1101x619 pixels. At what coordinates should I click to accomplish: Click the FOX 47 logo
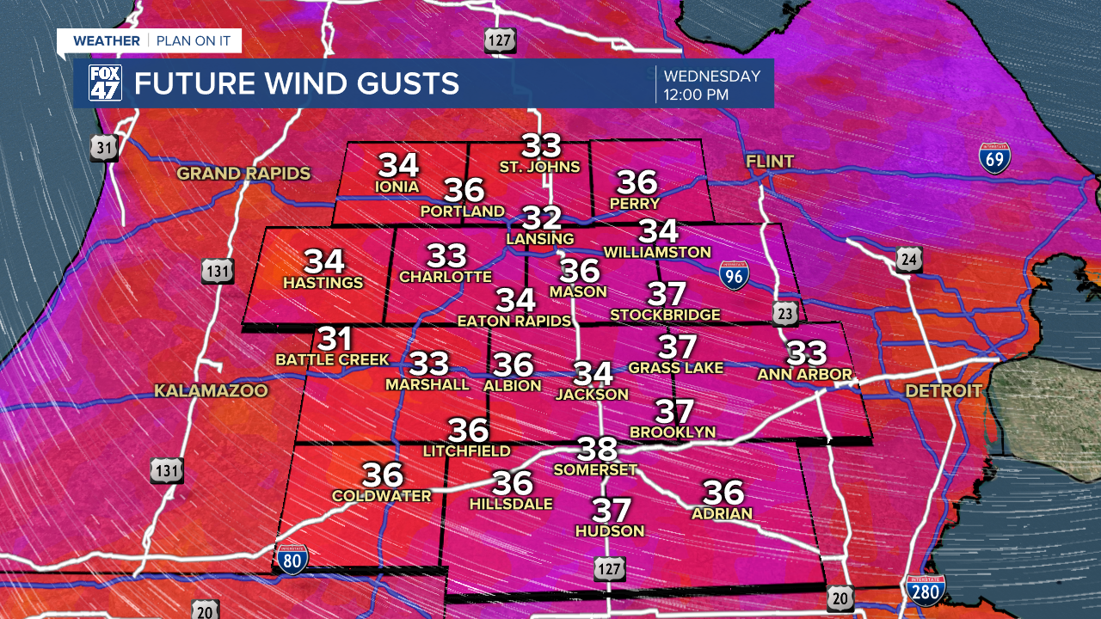[x=105, y=83]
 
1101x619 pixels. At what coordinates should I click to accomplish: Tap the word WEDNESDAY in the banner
[x=712, y=77]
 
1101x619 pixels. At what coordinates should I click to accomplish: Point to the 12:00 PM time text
[x=696, y=95]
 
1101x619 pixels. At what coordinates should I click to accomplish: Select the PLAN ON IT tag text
[x=194, y=41]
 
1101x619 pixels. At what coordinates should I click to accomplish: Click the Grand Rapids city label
[x=243, y=174]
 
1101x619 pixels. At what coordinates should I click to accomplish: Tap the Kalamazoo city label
[x=211, y=391]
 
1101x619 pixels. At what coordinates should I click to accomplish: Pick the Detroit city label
[x=943, y=391]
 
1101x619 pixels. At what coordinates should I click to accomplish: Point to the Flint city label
[x=770, y=162]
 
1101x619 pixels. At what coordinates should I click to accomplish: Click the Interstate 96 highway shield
[x=733, y=274]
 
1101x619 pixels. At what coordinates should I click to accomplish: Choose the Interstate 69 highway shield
[x=994, y=159]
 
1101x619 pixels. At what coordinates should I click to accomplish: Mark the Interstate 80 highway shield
[x=292, y=559]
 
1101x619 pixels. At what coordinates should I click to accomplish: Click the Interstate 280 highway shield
[x=926, y=591]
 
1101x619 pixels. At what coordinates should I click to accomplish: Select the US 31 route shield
[x=104, y=148]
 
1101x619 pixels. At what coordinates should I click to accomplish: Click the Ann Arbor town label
[x=804, y=375]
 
